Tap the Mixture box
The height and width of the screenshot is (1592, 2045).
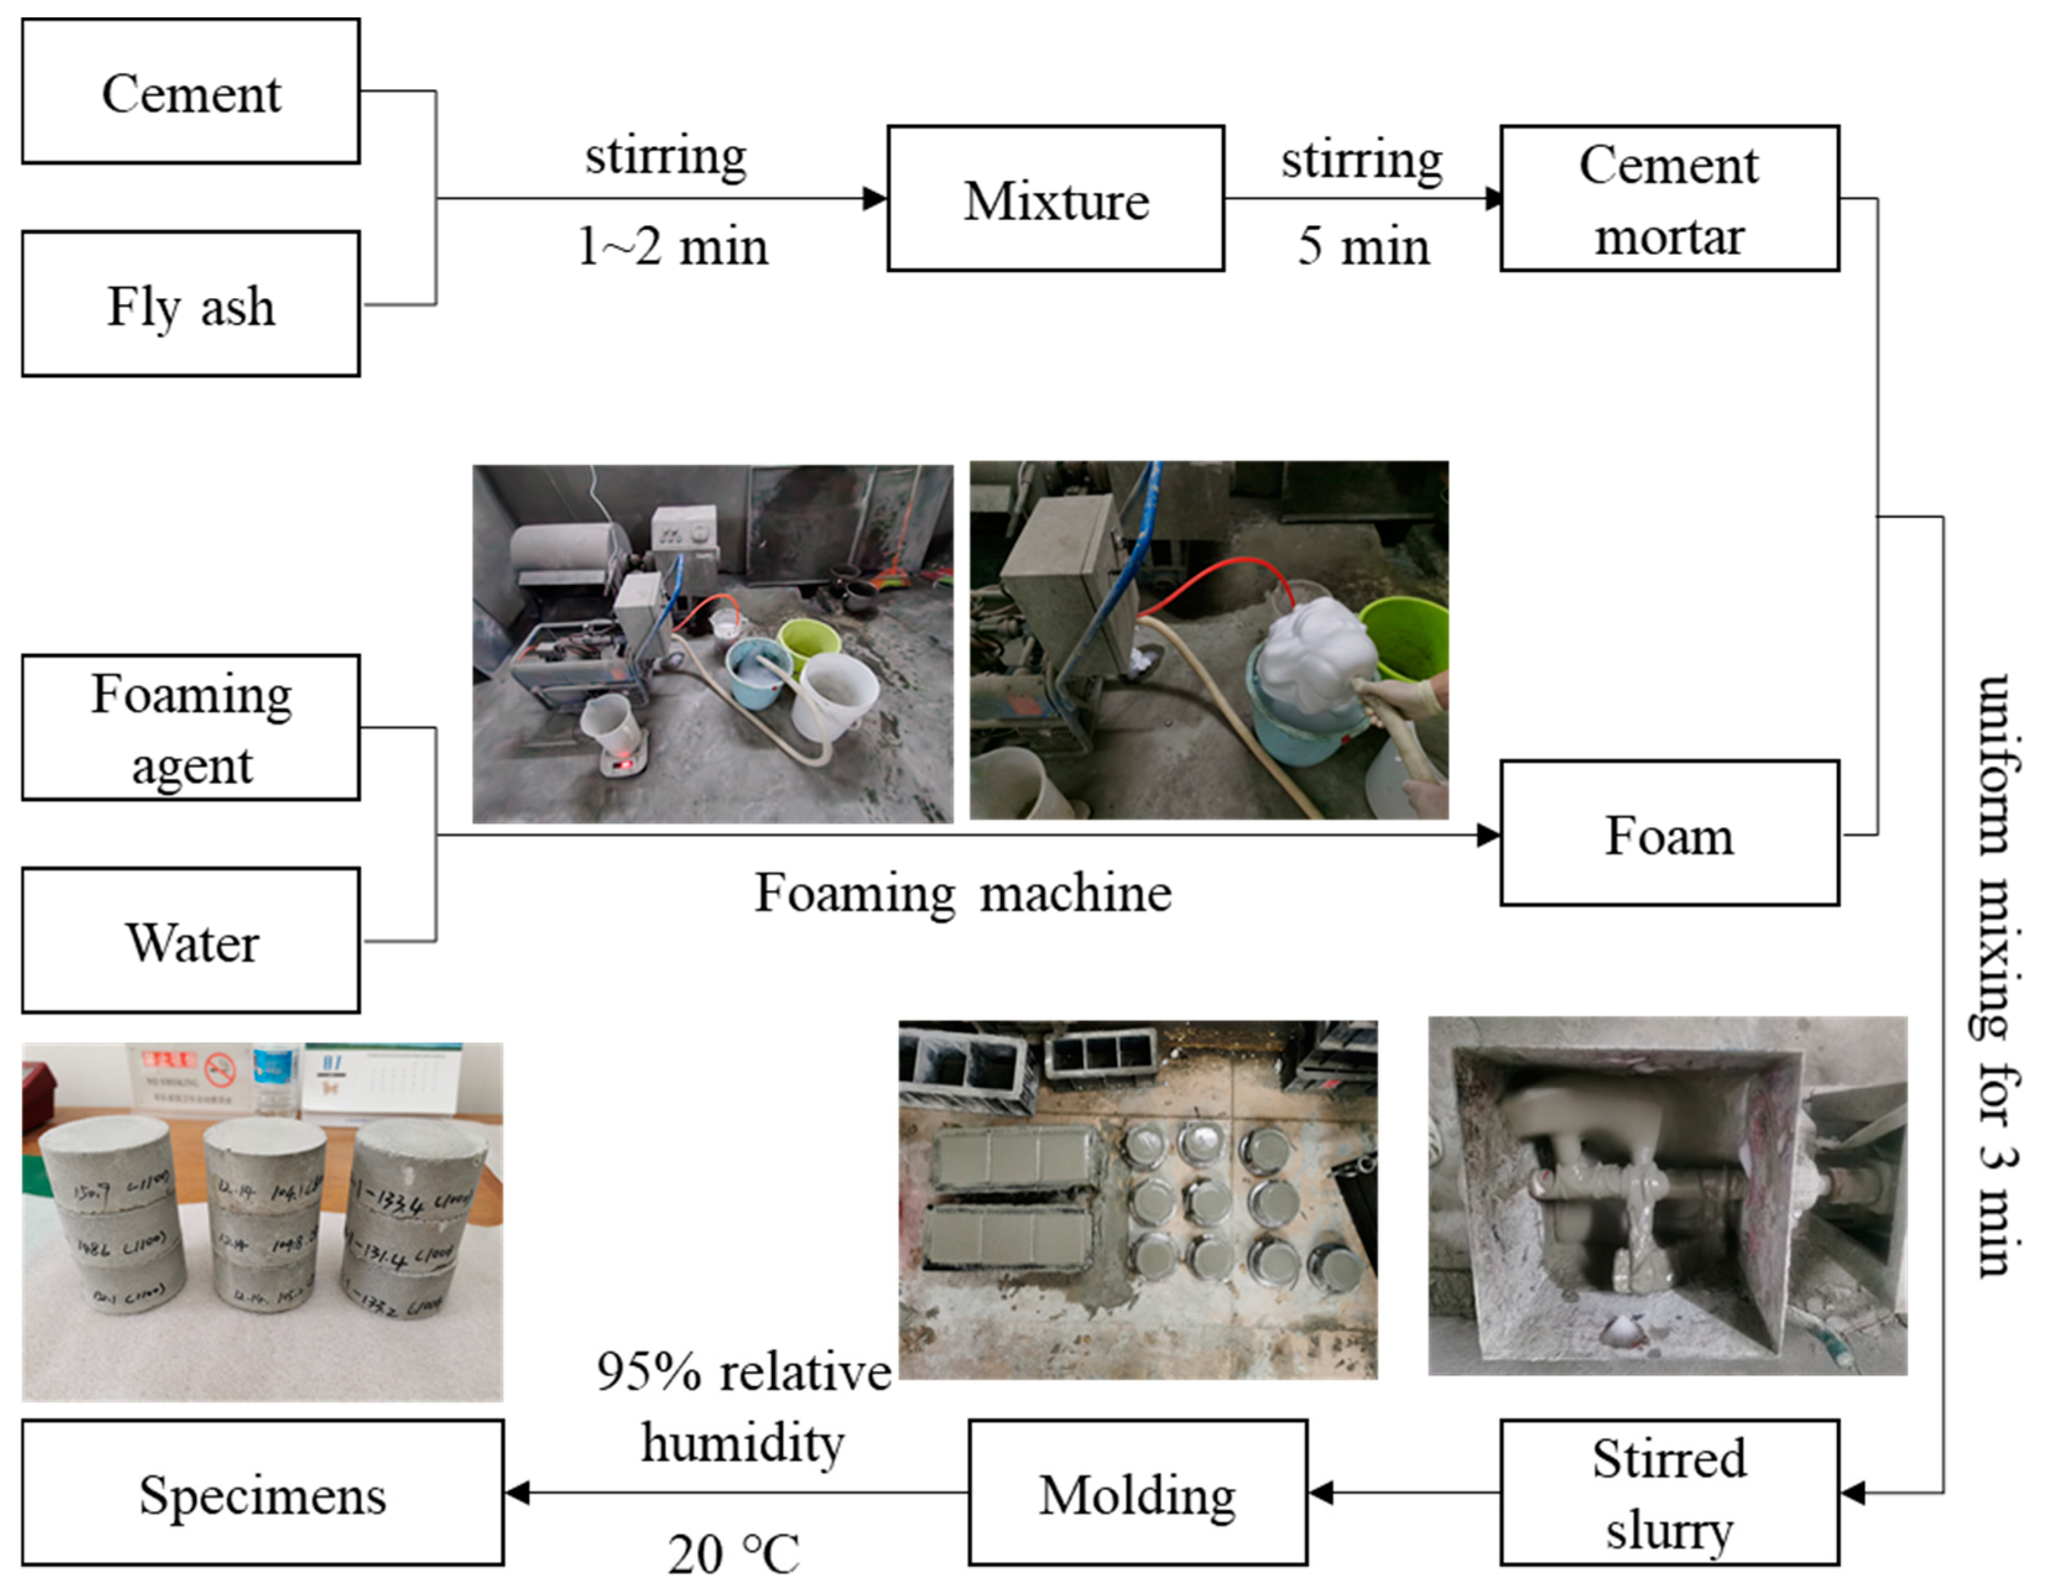(1055, 198)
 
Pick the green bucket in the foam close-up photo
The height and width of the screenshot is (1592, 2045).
(1405, 636)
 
